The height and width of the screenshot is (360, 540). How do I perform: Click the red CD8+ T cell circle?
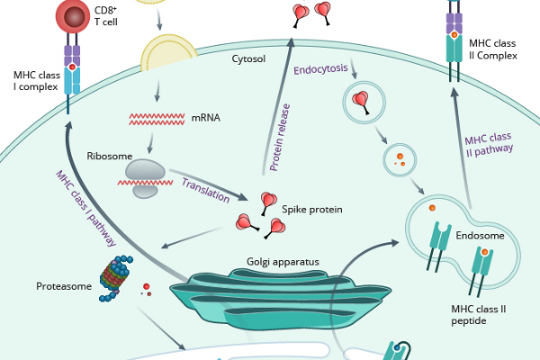(x=72, y=16)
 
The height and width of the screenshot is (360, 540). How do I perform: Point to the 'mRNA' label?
(x=205, y=117)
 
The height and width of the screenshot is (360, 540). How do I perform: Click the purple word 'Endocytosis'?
(x=320, y=67)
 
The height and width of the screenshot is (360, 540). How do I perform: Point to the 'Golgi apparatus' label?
(x=283, y=264)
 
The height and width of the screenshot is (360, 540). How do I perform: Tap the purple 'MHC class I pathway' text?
(x=85, y=207)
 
